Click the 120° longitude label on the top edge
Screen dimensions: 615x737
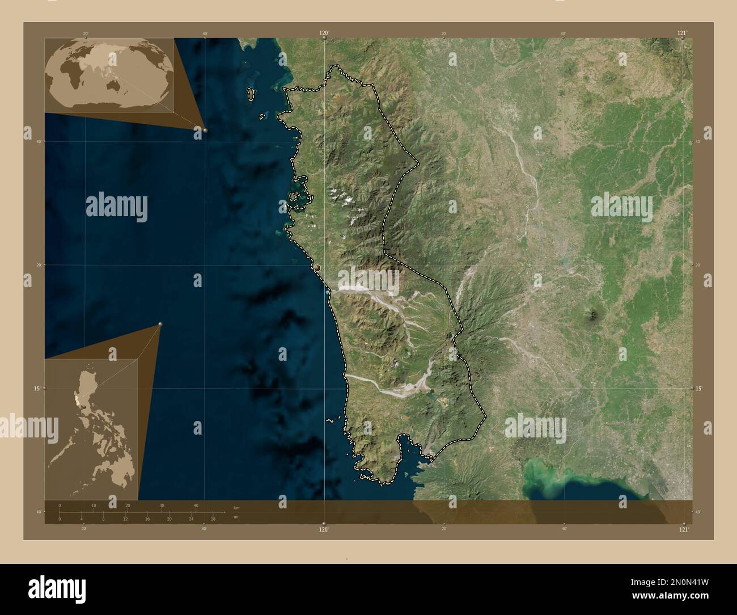click(x=324, y=33)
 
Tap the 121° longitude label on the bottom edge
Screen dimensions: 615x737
click(x=684, y=529)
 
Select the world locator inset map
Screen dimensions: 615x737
click(x=109, y=75)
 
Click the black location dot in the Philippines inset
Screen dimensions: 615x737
click(x=83, y=406)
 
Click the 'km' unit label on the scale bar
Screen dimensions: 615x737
click(x=236, y=507)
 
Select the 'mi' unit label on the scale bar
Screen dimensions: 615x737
click(x=235, y=517)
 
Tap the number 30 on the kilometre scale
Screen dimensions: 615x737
click(x=162, y=506)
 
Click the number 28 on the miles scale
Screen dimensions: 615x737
click(x=213, y=519)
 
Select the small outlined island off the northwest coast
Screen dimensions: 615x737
click(x=250, y=94)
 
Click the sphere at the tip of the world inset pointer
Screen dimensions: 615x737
click(x=205, y=130)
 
